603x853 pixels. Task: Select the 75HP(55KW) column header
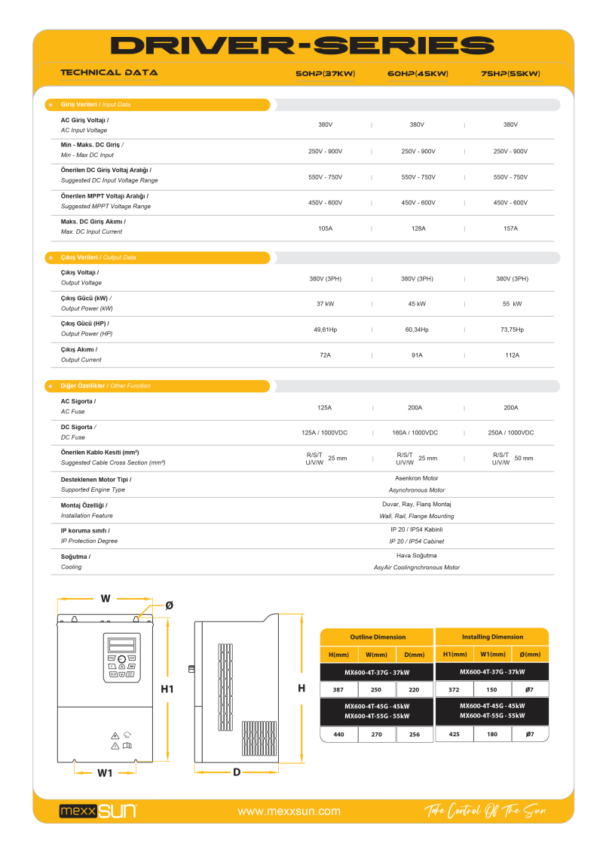510,74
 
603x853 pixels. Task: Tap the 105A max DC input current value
325,228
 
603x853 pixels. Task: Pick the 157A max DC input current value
510,228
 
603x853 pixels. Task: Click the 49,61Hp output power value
325,330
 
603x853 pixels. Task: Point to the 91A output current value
417,354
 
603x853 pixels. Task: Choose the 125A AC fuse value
324,407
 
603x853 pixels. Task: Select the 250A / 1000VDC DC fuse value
510,433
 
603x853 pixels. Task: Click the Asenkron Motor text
416,478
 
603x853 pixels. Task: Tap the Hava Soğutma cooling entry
416,555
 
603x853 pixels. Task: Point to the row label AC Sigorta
78,401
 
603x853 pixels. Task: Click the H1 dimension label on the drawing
167,689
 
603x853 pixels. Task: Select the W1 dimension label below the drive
105,772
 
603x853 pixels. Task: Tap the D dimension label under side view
236,772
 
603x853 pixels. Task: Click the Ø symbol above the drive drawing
169,605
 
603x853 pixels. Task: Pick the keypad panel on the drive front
121,658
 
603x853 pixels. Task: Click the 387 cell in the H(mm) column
338,690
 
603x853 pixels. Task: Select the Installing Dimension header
492,637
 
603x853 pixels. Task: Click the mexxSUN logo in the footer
98,812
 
